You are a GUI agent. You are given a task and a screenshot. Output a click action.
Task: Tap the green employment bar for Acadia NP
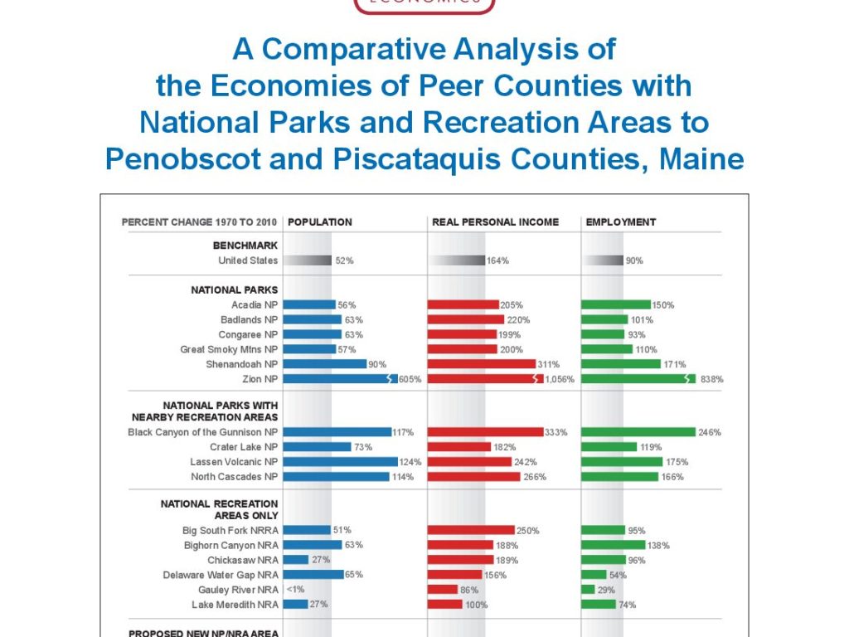(616, 304)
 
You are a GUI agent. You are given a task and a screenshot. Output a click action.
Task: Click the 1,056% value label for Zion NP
(561, 380)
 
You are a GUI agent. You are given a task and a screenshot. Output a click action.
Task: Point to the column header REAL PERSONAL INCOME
(495, 222)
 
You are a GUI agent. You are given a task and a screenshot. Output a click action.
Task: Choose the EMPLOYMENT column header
(620, 222)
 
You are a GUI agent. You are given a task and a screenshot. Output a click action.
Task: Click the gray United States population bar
(308, 260)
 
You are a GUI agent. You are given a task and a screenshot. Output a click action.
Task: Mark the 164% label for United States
(498, 260)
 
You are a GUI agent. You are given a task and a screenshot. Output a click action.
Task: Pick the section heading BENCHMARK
(245, 246)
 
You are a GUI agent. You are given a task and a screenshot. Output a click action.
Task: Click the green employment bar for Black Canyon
(638, 432)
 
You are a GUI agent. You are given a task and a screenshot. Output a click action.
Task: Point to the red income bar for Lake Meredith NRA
(445, 605)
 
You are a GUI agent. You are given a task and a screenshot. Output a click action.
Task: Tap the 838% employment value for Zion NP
(712, 380)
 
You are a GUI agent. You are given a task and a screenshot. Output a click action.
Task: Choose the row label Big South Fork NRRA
(230, 530)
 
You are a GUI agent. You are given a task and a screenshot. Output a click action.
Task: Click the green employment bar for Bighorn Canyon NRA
(614, 545)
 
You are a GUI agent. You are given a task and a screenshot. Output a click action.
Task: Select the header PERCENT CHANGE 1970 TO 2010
(200, 222)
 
